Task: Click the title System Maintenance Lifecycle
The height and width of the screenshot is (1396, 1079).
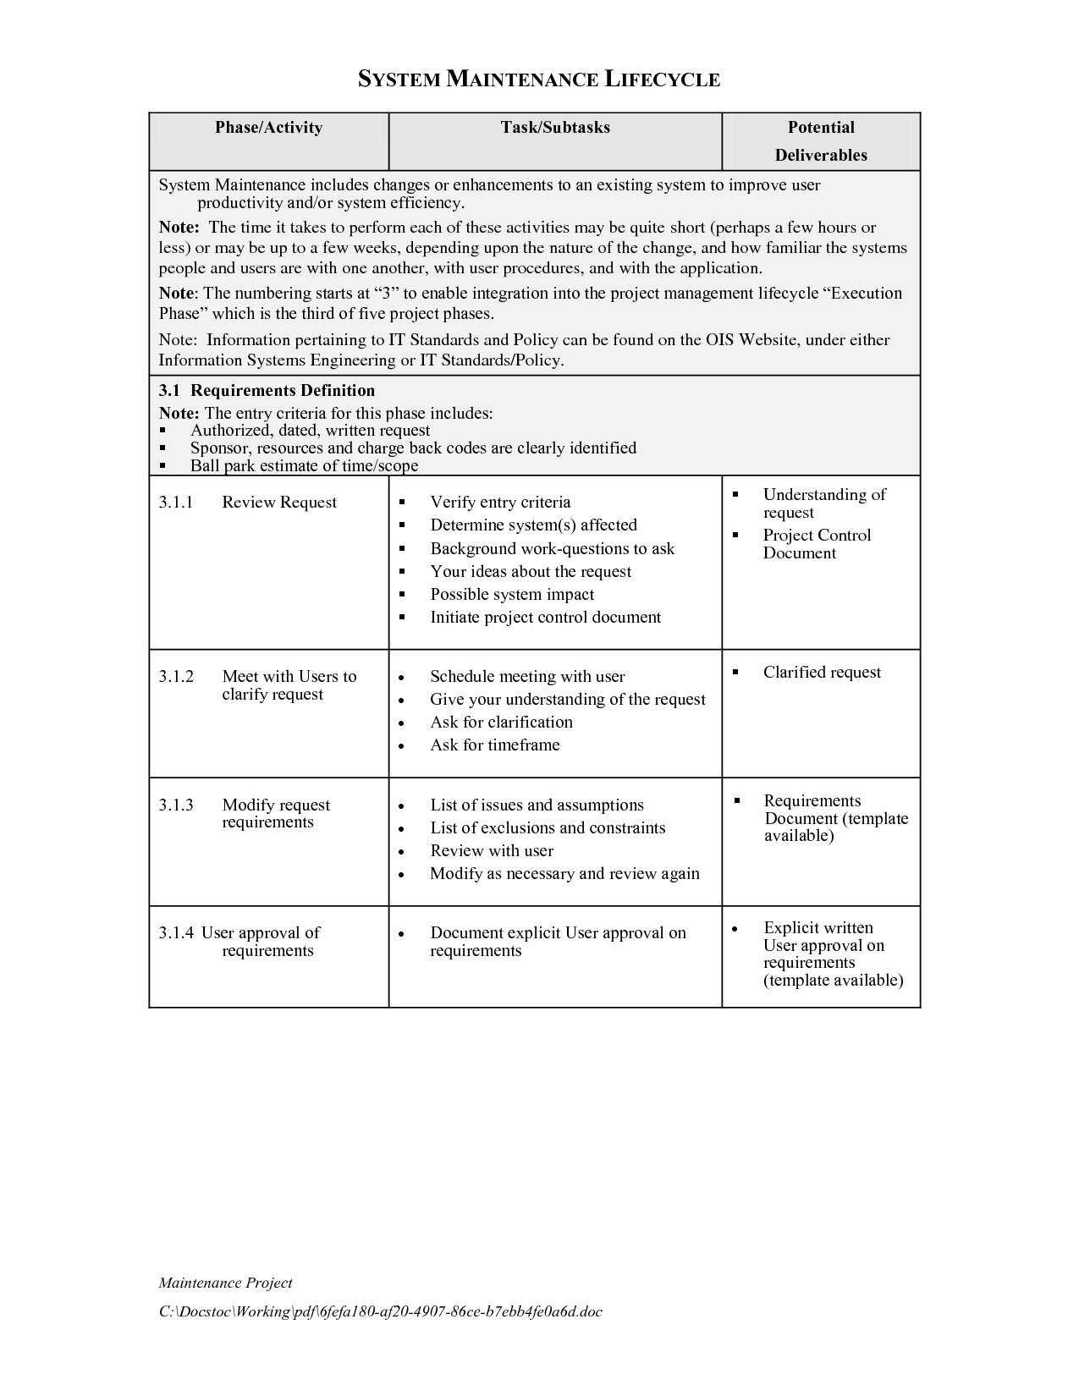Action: coord(539,80)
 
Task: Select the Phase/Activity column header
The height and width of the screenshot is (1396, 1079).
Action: coord(268,128)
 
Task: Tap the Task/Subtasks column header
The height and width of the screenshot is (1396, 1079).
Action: coord(555,128)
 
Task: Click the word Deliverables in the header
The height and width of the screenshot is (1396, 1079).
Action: coord(821,155)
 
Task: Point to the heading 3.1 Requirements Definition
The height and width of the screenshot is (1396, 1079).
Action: coord(267,390)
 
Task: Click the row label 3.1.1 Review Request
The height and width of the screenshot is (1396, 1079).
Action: coord(247,503)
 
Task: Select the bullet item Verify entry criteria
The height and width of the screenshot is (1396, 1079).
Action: coord(500,503)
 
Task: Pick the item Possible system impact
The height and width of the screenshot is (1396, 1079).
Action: coord(512,594)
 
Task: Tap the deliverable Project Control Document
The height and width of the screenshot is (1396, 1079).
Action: coord(816,544)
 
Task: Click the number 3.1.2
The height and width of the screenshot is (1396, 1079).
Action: coord(176,676)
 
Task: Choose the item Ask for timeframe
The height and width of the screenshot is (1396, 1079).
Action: coord(494,745)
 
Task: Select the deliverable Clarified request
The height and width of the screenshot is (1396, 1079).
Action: coord(822,672)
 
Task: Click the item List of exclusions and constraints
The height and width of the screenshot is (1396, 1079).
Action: coord(548,827)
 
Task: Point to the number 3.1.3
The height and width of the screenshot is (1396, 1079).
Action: coord(176,805)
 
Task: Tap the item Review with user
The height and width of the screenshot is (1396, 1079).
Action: coord(492,850)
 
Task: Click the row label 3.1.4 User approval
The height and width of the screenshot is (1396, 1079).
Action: coord(239,932)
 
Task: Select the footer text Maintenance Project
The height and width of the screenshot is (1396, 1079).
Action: coord(225,1283)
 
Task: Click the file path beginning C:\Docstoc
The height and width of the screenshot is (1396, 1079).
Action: coord(381,1311)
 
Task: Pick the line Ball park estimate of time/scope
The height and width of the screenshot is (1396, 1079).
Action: coord(304,465)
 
